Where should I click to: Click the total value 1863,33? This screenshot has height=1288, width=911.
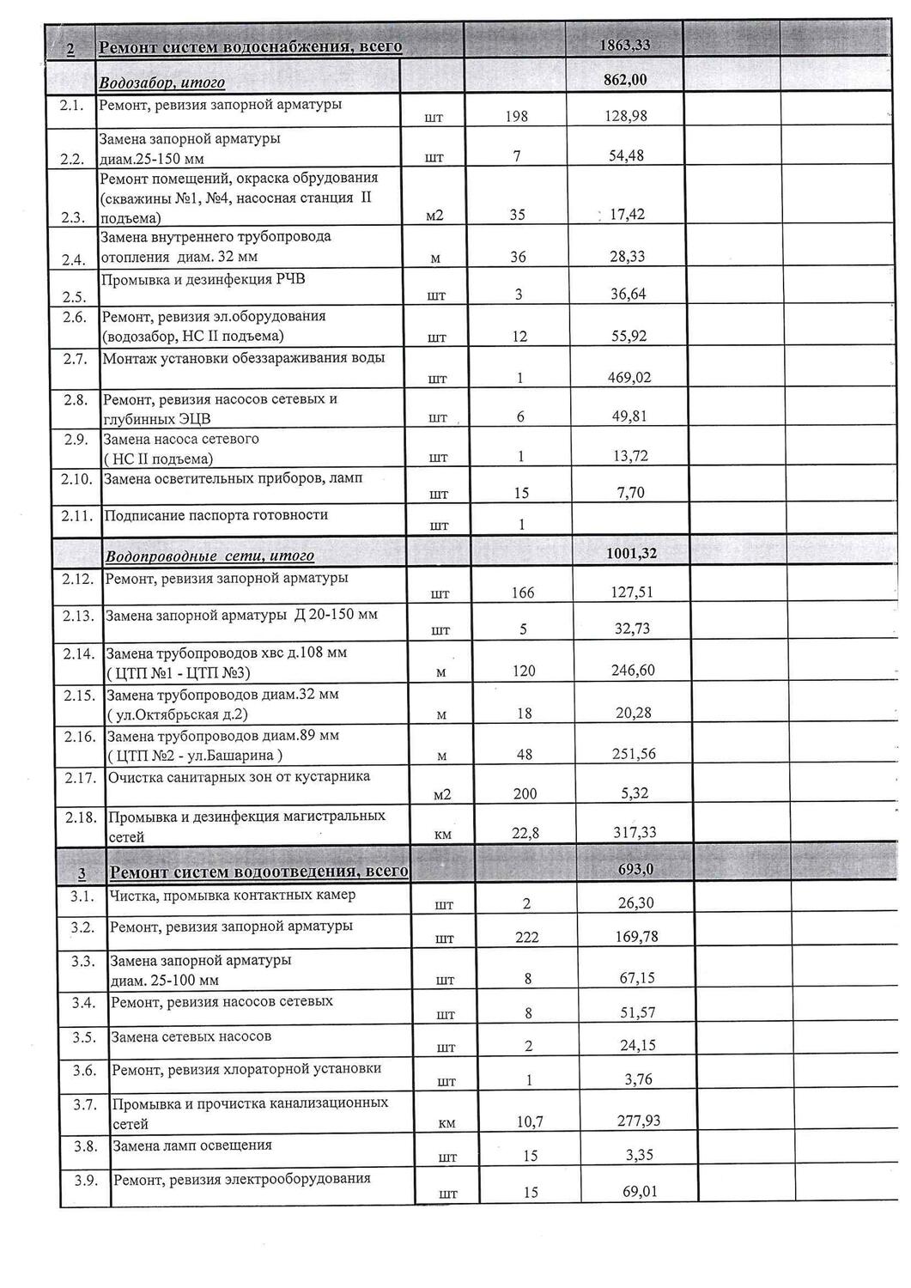pos(625,46)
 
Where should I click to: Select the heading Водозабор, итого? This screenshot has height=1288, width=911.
pos(162,83)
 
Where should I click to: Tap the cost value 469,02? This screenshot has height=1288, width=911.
pos(626,377)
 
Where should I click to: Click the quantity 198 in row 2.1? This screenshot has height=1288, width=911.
pos(516,117)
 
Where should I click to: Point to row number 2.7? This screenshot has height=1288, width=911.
pos(76,359)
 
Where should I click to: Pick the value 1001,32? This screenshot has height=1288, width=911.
pos(631,554)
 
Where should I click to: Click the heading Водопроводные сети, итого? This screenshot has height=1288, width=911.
pos(210,556)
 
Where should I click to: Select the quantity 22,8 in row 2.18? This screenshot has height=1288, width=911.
pos(525,833)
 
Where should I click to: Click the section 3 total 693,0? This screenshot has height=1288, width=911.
pos(636,870)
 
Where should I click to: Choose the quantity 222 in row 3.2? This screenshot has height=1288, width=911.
pos(527,937)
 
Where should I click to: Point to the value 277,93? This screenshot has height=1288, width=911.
pos(640,1121)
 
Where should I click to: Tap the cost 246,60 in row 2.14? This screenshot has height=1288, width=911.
pos(633,670)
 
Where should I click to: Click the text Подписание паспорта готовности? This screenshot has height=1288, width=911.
pos(216,515)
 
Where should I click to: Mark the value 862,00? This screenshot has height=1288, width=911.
pos(625,81)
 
